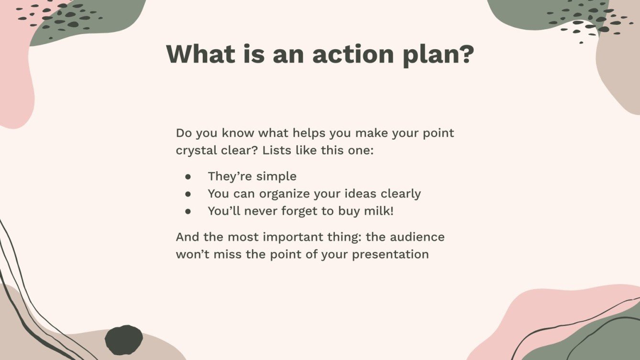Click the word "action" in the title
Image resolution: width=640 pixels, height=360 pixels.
(348, 54)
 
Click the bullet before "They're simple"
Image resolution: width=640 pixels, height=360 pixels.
(188, 176)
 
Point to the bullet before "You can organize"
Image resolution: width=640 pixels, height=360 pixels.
(188, 194)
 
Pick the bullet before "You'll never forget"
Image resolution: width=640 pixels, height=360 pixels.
(188, 211)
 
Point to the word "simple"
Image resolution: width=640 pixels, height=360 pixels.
(276, 176)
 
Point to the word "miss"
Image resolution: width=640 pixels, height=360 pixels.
(231, 254)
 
